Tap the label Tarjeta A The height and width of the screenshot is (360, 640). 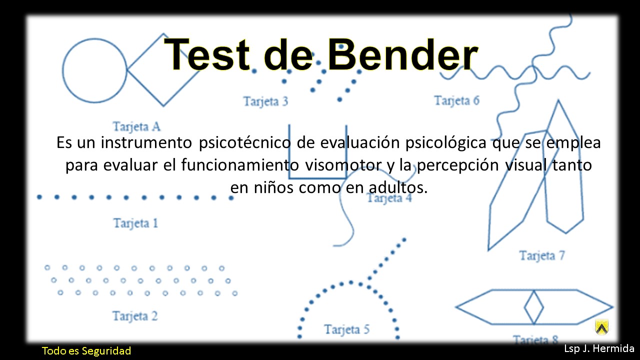136,126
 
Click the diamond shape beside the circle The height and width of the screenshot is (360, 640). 163,70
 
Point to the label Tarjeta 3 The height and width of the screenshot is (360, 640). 265,101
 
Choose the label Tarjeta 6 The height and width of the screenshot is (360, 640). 456,100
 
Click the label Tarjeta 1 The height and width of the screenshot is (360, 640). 135,223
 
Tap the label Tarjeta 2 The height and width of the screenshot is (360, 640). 135,316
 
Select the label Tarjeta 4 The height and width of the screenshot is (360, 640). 389,198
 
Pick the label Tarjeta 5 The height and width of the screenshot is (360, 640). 346,329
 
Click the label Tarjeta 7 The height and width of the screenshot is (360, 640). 542,256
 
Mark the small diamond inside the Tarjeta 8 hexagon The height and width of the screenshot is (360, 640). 533,307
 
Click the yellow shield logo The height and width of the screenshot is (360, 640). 601,327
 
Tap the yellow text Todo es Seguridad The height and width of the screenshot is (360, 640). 86,350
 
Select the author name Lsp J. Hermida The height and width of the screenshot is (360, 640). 599,348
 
